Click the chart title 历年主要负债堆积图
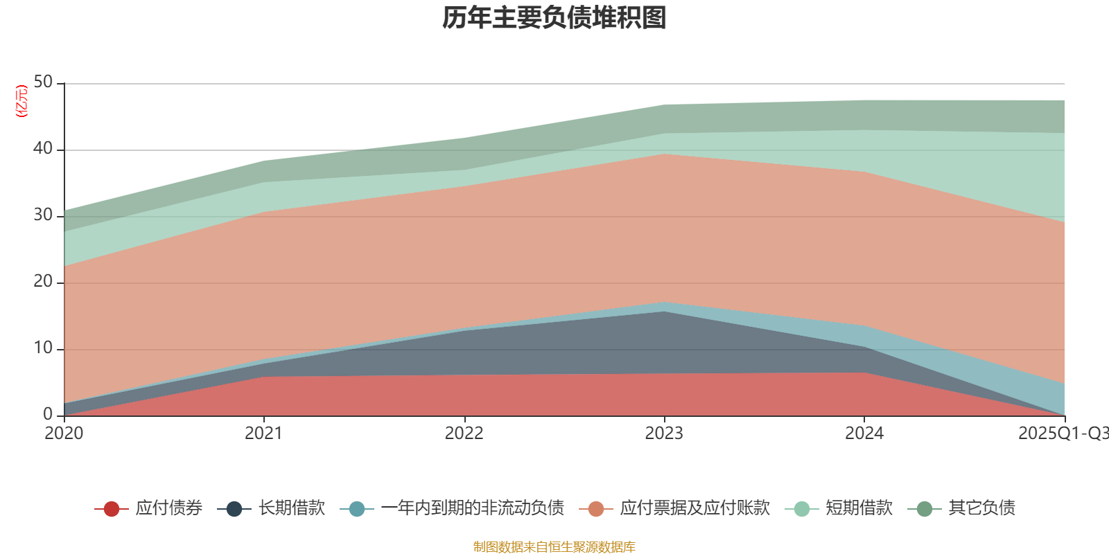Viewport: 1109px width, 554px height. [554, 19]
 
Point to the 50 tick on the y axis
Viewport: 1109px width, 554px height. [43, 82]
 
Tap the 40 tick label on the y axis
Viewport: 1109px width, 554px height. [43, 149]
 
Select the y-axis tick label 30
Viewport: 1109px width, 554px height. [43, 215]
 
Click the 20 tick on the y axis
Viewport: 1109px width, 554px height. [43, 282]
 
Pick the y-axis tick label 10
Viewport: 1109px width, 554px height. [43, 348]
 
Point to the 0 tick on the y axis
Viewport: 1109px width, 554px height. [48, 414]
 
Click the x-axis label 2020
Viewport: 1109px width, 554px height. [64, 434]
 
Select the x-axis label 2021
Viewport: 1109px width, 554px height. [263, 434]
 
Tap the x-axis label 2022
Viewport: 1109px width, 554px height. [464, 434]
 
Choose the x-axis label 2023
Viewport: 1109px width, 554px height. [664, 434]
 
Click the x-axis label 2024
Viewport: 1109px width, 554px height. [864, 434]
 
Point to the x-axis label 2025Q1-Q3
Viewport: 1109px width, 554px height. [1062, 434]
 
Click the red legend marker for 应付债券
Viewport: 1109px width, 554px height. [112, 509]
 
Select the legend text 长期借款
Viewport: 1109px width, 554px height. [291, 508]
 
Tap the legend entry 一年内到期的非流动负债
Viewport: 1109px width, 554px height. [472, 508]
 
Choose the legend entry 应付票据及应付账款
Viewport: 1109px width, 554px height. [695, 508]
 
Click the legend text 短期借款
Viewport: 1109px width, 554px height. [859, 508]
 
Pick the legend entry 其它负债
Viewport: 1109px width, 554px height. [981, 508]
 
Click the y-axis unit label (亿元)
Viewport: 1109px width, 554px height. [21, 101]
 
